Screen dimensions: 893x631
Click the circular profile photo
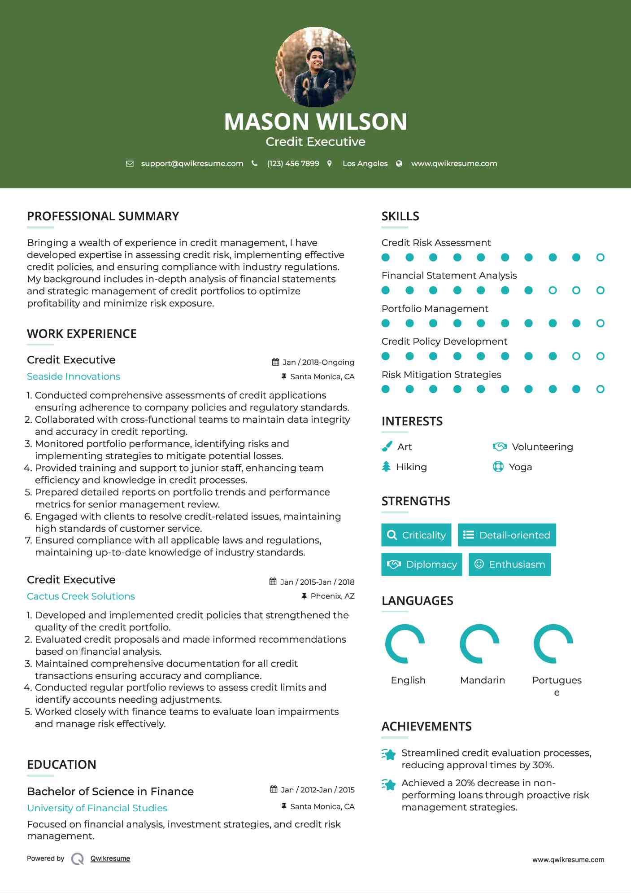[315, 67]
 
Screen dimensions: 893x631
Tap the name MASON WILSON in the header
[315, 122]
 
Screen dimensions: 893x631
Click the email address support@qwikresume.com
[192, 163]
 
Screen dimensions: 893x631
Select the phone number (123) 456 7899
[293, 163]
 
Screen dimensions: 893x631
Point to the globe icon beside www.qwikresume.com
[399, 164]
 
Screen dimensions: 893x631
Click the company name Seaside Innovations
[74, 376]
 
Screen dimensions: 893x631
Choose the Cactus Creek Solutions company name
[81, 596]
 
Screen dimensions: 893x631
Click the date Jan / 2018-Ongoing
[318, 362]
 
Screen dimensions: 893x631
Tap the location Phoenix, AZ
[332, 596]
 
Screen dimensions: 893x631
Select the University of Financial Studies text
[97, 808]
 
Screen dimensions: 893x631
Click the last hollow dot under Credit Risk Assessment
[600, 258]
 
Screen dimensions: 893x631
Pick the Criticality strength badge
[416, 535]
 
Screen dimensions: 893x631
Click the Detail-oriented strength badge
[507, 535]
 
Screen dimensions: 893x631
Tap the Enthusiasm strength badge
[509, 564]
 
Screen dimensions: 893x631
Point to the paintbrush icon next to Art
[387, 446]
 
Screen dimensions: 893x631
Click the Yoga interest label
[520, 467]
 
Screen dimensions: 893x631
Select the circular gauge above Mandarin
[479, 643]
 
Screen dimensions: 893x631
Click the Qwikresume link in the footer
[110, 858]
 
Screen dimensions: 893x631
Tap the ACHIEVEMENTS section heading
[426, 727]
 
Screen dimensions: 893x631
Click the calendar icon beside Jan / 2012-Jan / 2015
[274, 789]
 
